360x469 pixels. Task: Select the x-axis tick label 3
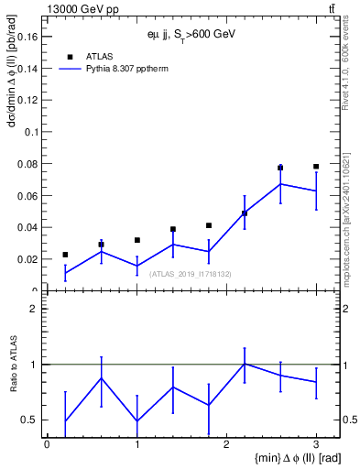(316, 444)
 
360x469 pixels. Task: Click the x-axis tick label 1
(136, 444)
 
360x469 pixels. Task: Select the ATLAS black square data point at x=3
(316, 167)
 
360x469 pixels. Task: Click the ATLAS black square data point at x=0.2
(65, 255)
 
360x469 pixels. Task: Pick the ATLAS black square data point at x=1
(136, 240)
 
